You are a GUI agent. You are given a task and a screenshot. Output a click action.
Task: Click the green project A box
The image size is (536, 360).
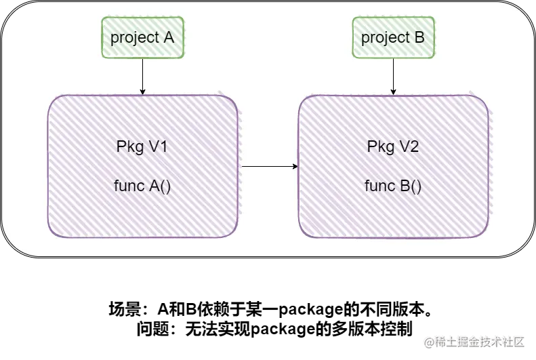142,37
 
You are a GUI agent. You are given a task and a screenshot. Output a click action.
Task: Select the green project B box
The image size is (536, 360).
393,37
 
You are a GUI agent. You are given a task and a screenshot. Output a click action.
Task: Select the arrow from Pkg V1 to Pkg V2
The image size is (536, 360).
269,166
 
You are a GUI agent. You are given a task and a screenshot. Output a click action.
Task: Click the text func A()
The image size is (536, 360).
142,186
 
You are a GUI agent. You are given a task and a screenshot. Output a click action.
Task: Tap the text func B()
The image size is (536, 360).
393,186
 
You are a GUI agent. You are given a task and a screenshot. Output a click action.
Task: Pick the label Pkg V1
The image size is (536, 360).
142,147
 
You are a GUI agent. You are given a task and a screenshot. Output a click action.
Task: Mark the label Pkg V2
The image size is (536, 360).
393,147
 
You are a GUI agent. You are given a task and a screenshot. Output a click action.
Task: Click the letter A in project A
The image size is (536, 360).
168,37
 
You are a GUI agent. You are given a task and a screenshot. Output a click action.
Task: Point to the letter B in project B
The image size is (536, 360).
419,37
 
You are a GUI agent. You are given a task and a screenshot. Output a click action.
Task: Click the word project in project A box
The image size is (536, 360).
134,38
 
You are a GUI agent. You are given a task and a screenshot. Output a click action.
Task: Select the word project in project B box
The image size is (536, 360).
385,38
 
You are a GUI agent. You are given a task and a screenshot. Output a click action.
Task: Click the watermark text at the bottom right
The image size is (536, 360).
474,341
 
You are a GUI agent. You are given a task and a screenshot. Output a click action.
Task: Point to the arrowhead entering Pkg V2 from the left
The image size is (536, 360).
295,166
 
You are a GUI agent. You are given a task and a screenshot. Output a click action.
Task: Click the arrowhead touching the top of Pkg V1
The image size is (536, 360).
142,92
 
